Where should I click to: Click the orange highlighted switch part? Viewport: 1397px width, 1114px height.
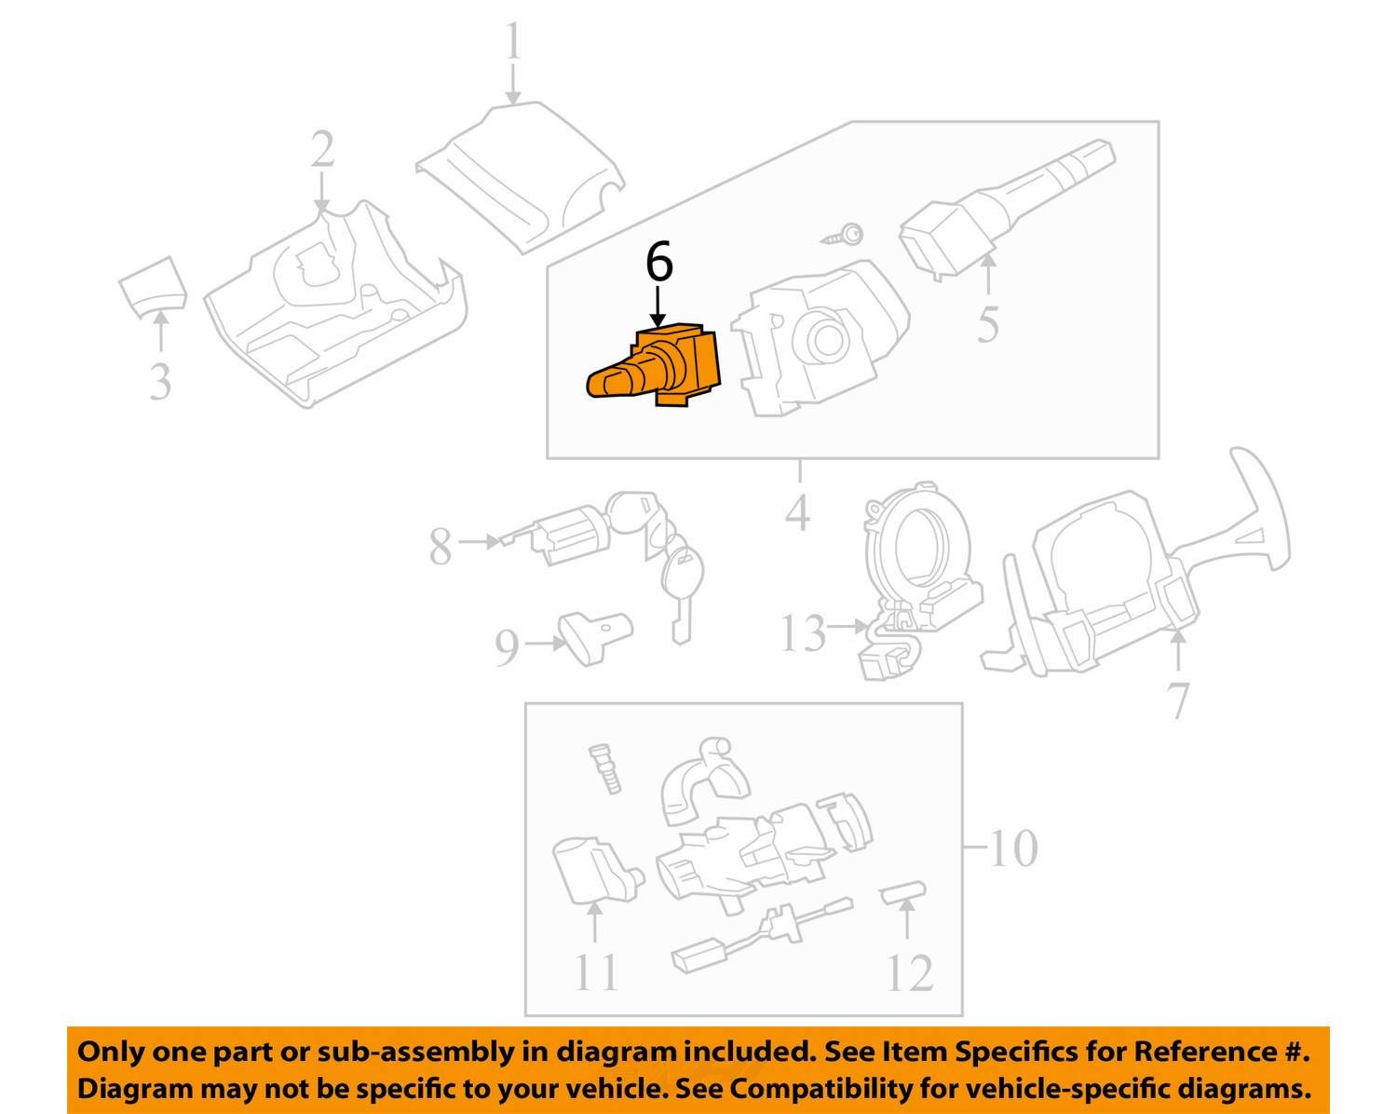tap(658, 369)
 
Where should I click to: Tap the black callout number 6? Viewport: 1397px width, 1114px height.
tap(658, 263)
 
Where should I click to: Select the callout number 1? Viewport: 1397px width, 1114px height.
tap(513, 44)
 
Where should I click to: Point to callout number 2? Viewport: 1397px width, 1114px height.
tap(322, 150)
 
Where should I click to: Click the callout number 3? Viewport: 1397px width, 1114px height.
tap(160, 381)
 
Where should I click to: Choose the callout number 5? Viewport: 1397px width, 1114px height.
tap(988, 324)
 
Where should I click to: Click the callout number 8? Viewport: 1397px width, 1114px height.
tap(441, 547)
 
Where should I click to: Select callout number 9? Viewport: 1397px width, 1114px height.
tap(506, 648)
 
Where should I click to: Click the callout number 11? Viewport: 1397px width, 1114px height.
tap(595, 973)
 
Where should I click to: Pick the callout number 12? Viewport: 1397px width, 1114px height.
tap(909, 973)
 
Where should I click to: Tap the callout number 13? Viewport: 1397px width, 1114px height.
tap(802, 634)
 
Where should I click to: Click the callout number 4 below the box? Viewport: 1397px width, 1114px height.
tap(798, 512)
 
